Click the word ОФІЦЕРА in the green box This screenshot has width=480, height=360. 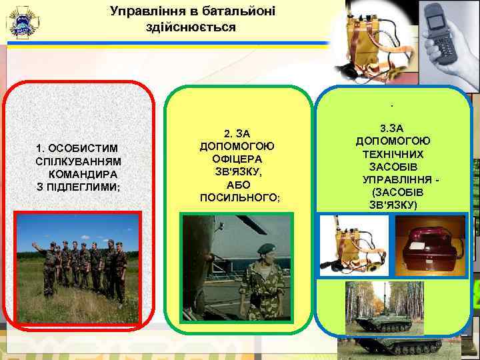pos(238,159)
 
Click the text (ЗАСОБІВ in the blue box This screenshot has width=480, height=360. pos(393,192)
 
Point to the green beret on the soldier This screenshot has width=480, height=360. pos(265,248)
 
